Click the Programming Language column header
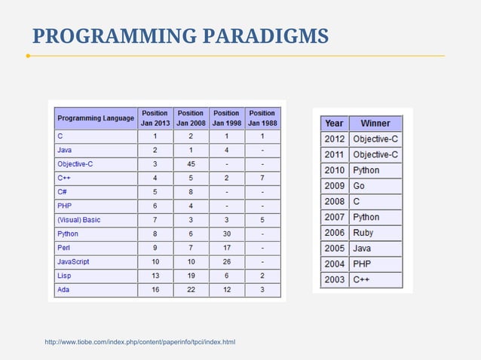coord(96,118)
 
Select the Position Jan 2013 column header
coord(155,118)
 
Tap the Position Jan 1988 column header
coord(262,118)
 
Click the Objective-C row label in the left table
coord(75,164)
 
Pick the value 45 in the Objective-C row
coord(191,164)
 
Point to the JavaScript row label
coord(73,261)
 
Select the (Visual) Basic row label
coord(79,220)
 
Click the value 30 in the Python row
coord(226,233)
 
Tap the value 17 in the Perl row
coord(226,248)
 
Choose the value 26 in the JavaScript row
coord(226,261)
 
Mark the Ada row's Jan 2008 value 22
coord(191,289)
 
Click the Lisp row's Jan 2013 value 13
coord(155,276)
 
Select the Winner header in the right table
coord(375,124)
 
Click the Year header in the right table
coord(334,124)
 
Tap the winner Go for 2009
coord(359,186)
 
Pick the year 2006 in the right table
coord(334,233)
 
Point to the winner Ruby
coord(363,233)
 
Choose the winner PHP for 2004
coord(362,264)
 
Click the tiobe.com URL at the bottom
coord(140,343)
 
